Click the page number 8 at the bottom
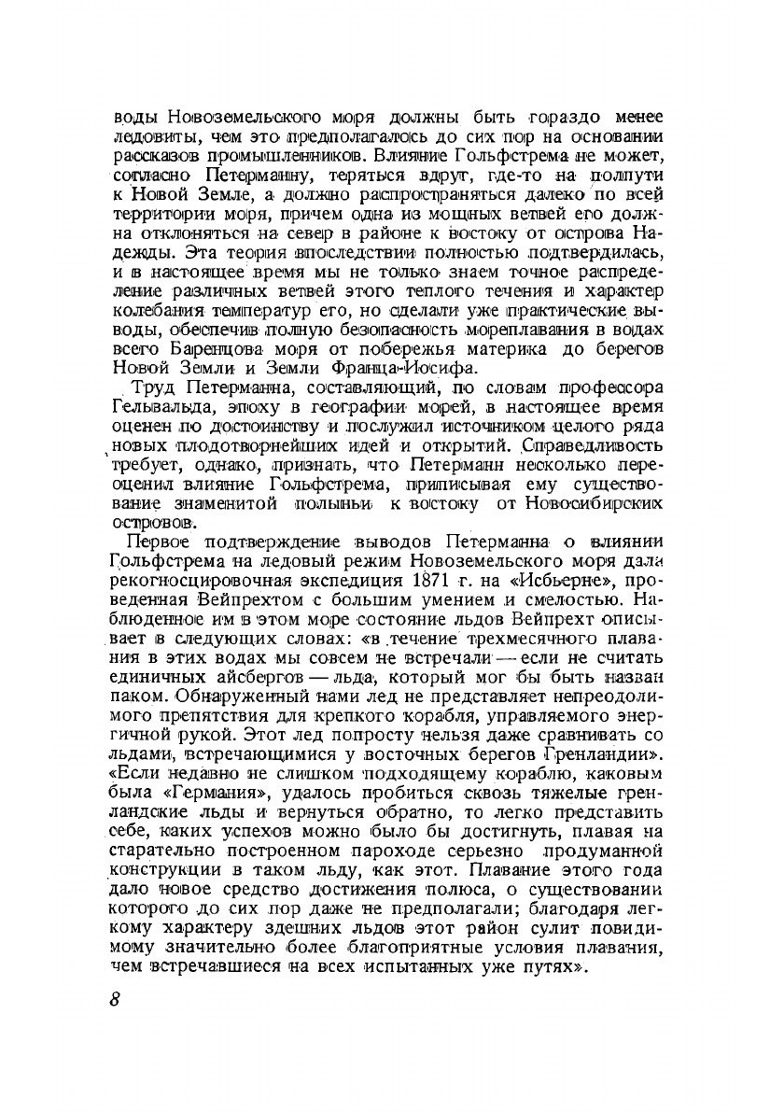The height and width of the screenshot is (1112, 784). (x=115, y=999)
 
